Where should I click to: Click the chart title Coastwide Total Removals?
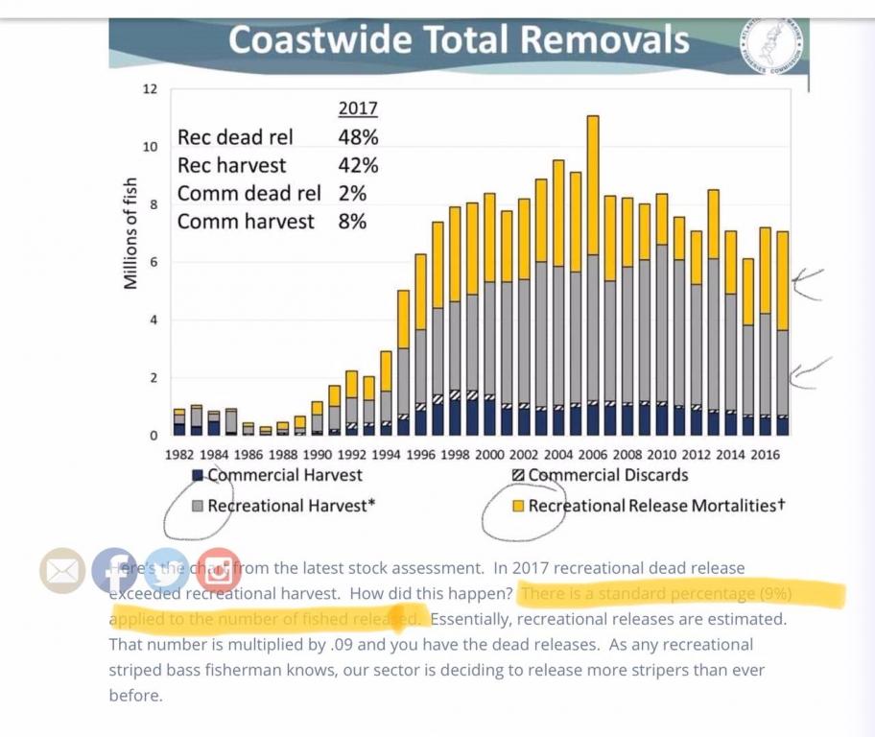pos(459,39)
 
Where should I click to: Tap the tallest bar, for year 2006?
pos(593,278)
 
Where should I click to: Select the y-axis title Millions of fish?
pos(131,234)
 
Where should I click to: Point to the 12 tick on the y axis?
pos(150,89)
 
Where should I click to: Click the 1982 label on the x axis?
pos(179,453)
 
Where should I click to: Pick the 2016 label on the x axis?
pos(765,453)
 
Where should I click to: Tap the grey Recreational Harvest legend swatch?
pos(198,505)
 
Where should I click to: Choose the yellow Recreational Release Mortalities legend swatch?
pos(518,505)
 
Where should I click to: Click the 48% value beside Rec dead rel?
pos(358,137)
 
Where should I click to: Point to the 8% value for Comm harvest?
pos(352,222)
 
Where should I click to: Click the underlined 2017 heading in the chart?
pos(358,108)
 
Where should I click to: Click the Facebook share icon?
pos(114,570)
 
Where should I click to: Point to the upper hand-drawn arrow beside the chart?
pos(809,284)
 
